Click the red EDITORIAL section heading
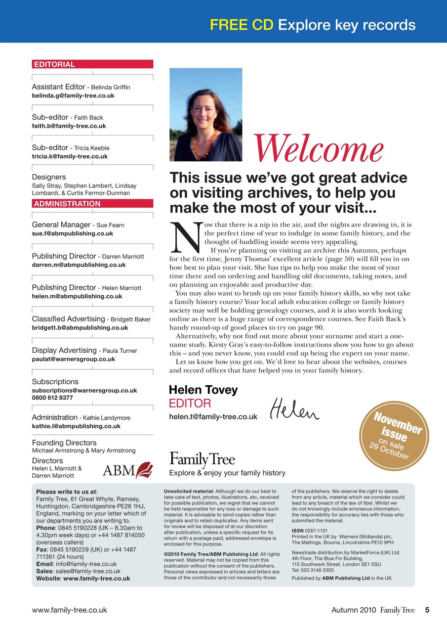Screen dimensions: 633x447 54,64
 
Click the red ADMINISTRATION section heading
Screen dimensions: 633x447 67,204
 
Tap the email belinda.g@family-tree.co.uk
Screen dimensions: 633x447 73,96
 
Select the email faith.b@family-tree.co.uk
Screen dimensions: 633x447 69,126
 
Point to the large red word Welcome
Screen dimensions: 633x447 319,147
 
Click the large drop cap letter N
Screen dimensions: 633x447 185,236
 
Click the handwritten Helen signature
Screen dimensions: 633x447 295,409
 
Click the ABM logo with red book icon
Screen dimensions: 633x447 127,469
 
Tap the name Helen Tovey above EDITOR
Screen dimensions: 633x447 203,390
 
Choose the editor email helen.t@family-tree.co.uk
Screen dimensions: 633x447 213,417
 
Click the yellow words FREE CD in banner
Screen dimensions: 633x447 242,25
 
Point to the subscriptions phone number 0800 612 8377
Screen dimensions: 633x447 52,398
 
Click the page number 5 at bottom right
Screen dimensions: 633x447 427,610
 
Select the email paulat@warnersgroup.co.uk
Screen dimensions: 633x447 73,360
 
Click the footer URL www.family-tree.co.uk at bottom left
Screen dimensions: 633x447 69,610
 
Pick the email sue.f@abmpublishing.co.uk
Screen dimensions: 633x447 73,233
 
